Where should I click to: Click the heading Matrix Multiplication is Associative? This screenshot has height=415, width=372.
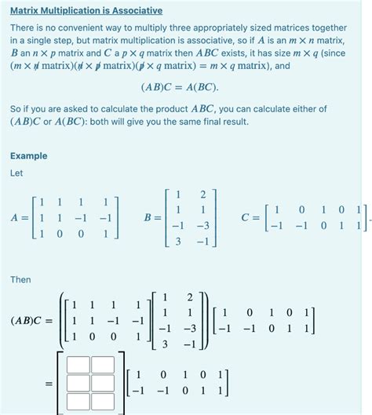[x=86, y=11]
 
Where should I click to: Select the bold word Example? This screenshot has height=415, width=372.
[x=29, y=156]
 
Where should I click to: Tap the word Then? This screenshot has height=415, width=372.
[x=21, y=279]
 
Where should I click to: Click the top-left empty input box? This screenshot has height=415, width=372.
[x=78, y=366]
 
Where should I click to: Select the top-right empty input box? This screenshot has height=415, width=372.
[x=102, y=366]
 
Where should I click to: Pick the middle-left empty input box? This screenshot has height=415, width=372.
[x=78, y=384]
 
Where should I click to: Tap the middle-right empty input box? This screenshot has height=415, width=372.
[x=102, y=384]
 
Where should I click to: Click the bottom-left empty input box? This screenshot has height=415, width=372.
[x=78, y=402]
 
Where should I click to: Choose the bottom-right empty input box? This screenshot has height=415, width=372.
[x=102, y=402]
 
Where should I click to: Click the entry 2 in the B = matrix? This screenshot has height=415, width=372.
[x=202, y=194]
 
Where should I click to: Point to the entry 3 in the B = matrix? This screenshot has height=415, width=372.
[x=179, y=242]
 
